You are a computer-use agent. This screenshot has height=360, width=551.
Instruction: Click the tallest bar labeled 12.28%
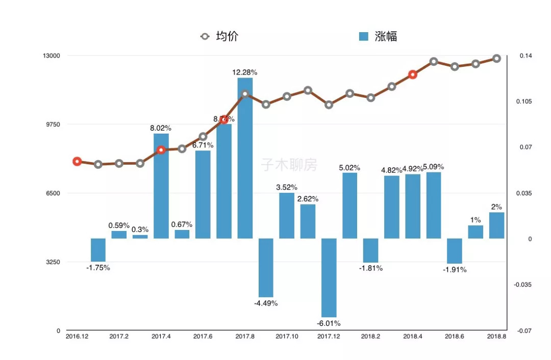[x=245, y=158]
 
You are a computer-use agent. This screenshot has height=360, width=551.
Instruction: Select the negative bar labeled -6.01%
[x=329, y=278]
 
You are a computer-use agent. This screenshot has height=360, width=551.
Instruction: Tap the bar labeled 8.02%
[x=161, y=186]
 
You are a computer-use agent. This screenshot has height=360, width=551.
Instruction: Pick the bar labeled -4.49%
[x=266, y=268]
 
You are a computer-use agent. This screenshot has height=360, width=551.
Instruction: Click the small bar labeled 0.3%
[x=140, y=237]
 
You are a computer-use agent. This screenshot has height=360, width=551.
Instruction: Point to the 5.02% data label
[x=349, y=167]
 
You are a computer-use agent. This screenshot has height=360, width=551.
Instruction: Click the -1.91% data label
[x=455, y=270]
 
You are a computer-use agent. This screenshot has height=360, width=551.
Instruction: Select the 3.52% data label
[x=287, y=187]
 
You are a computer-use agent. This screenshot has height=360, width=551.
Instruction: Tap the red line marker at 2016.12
[x=77, y=162]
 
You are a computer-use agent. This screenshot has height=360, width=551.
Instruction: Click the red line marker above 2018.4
[x=413, y=74]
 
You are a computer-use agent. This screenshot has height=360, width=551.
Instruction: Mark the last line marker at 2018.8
[x=497, y=58]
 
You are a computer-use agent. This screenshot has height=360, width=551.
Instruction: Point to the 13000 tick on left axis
[x=51, y=56]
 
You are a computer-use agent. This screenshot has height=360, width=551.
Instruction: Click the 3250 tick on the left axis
[x=53, y=262]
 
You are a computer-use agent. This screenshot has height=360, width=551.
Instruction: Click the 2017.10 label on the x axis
[x=287, y=337]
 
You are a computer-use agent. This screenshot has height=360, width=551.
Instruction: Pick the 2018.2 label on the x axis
[x=370, y=337]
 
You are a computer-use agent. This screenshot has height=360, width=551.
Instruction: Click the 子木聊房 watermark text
[x=289, y=165]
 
